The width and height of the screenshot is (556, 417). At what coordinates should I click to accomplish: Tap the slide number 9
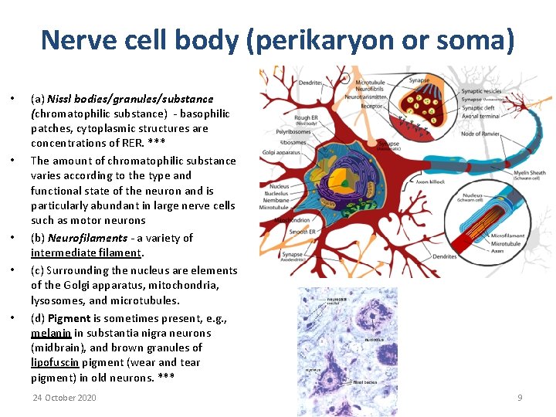pos(520,398)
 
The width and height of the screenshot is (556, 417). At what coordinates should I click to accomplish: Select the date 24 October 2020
pos(64,398)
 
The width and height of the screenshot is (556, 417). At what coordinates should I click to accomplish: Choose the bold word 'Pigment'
pos(69,318)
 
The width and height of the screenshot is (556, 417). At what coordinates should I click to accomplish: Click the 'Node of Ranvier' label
pos(483,133)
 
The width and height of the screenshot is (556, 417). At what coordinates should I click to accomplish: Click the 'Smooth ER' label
pos(302,232)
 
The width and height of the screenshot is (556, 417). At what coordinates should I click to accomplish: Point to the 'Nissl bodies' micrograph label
pos(364,381)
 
